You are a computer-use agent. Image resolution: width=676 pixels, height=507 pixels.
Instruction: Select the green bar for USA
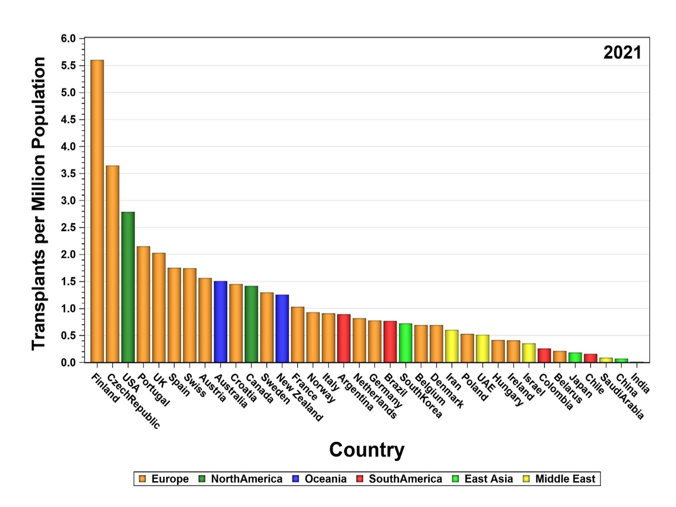(x=128, y=287)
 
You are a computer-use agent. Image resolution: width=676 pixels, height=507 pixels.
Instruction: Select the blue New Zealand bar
(x=282, y=329)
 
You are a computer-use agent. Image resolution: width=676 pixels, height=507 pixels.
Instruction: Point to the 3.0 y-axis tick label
(x=68, y=201)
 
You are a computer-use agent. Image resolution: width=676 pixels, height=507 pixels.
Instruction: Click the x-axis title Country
(x=366, y=450)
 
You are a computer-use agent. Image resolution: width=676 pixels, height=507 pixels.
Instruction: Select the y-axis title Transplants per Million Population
(x=39, y=203)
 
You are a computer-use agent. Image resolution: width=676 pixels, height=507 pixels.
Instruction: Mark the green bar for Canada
(x=251, y=324)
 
